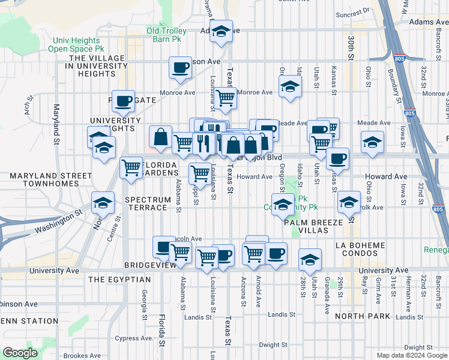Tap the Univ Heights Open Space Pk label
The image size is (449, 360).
pyautogui.click(x=74, y=45)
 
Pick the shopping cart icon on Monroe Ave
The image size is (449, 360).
pyautogui.click(x=225, y=98)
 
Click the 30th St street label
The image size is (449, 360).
pyautogui.click(x=351, y=43)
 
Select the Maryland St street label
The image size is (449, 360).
pyautogui.click(x=56, y=119)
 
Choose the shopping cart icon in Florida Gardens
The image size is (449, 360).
pyautogui.click(x=131, y=167)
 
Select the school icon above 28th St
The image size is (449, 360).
pyautogui.click(x=310, y=259)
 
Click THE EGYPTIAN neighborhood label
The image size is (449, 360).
pyautogui.click(x=119, y=280)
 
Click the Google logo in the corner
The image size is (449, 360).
pyautogui.click(x=20, y=352)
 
